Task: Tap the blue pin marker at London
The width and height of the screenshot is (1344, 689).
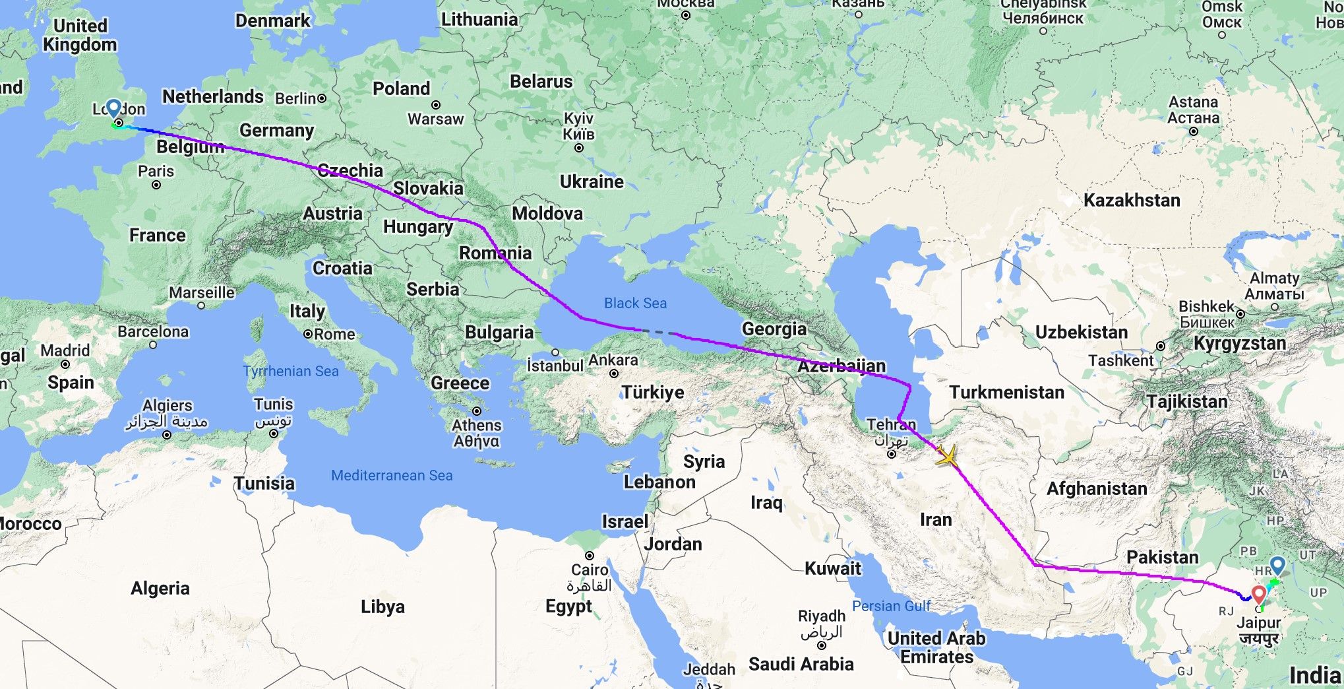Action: [x=113, y=108]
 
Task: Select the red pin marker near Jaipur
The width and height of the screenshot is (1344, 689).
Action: [x=1259, y=595]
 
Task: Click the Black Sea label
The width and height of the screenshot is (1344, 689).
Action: [x=635, y=303]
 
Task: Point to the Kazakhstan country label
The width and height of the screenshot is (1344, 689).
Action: [x=1132, y=200]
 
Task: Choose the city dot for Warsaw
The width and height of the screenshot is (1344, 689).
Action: [x=436, y=105]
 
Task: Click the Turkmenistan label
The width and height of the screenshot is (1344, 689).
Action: [x=1006, y=392]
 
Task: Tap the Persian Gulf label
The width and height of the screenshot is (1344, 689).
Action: [x=891, y=606]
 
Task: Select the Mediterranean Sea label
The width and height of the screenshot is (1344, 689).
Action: [x=392, y=475]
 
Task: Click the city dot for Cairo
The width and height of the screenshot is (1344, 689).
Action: [x=590, y=556]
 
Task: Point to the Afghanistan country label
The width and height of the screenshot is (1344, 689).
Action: [x=1097, y=488]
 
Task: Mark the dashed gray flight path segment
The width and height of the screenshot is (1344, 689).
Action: [x=657, y=331]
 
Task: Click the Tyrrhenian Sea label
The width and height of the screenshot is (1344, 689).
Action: [x=291, y=371]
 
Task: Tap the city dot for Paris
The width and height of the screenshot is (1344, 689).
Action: [x=156, y=185]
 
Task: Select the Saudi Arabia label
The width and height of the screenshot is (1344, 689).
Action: [x=801, y=664]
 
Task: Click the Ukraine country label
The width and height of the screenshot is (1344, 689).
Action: [x=592, y=181]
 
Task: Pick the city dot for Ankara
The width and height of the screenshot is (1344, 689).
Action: [x=614, y=374]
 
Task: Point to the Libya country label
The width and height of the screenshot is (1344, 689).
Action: [x=382, y=607]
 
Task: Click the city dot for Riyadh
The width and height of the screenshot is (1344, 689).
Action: [x=822, y=645]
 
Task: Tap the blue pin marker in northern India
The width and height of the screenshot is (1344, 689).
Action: [x=1277, y=565]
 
